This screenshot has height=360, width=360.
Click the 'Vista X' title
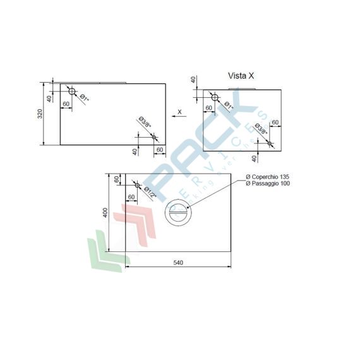pos(241,76)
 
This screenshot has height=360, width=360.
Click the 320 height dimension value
pos(39,113)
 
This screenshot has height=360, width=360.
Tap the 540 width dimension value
pos(177,263)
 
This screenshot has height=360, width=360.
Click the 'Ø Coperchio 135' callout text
pos(268,176)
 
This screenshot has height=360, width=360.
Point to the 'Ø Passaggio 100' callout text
pos(268,183)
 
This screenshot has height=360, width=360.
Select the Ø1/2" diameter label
pos(149,192)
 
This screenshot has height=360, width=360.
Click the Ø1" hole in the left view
pos(72,92)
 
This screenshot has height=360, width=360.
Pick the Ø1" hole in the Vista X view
pos(215,98)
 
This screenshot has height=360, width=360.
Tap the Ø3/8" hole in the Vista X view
pos(270,143)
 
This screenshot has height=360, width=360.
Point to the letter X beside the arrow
pos(179,111)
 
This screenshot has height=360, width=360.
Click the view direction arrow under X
pos(177,117)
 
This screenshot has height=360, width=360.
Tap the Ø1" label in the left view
pos(84,99)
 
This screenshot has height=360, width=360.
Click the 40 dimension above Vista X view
pos(193,80)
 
